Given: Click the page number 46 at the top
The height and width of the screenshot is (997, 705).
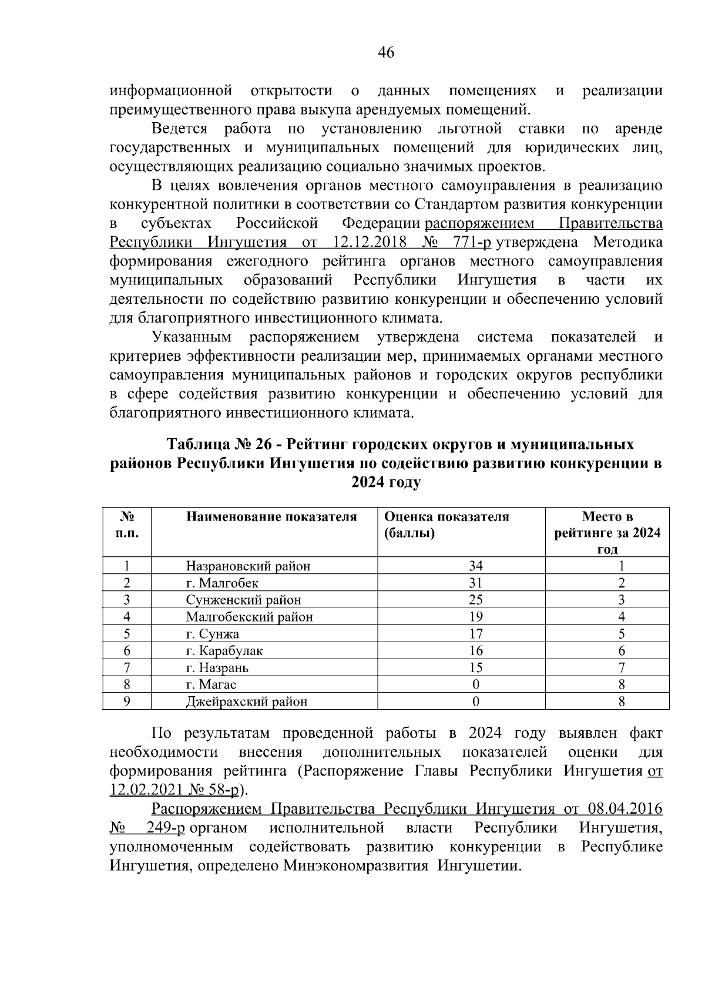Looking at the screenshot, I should pyautogui.click(x=385, y=53).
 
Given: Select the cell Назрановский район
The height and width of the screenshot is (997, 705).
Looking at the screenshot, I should pyautogui.click(x=248, y=566).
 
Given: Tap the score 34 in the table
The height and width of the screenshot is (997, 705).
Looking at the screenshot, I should pyautogui.click(x=475, y=566).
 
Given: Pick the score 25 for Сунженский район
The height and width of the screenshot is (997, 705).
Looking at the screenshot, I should pyautogui.click(x=475, y=600).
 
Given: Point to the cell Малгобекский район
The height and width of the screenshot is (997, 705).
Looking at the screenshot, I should pyautogui.click(x=249, y=617).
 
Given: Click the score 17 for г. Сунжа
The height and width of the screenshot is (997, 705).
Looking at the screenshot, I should pyautogui.click(x=475, y=634).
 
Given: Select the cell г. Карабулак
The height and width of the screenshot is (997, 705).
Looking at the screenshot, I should pyautogui.click(x=224, y=651).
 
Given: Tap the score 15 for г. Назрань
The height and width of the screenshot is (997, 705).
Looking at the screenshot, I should pyautogui.click(x=475, y=668).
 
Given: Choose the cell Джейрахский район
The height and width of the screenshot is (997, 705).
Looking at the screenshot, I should pyautogui.click(x=246, y=701).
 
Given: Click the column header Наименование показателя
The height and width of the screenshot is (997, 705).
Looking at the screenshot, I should pyautogui.click(x=271, y=517).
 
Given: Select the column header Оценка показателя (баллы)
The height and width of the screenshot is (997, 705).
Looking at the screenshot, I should pyautogui.click(x=446, y=525).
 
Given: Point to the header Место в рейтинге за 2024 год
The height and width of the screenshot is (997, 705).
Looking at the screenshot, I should pyautogui.click(x=607, y=533).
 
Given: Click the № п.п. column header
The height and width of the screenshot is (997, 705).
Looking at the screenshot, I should pyautogui.click(x=127, y=525).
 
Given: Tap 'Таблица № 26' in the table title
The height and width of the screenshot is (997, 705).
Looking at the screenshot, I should pyautogui.click(x=214, y=444).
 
